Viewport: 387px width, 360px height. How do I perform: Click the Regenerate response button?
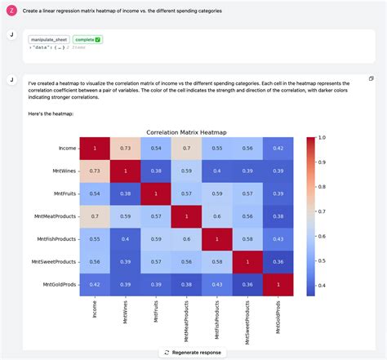[193, 352]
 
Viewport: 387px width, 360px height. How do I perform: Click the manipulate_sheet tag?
[49, 39]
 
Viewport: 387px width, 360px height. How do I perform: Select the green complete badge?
[86, 39]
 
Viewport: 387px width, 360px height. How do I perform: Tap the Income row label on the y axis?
[68, 148]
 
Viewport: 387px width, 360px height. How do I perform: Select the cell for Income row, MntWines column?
[125, 148]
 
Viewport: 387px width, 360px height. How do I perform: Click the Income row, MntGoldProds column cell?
[279, 148]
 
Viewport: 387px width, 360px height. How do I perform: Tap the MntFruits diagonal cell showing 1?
[156, 193]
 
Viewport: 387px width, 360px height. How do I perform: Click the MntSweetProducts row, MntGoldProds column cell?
[279, 260]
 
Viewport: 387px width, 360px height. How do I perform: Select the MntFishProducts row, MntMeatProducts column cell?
[187, 238]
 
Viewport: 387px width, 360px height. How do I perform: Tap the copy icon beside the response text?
[371, 78]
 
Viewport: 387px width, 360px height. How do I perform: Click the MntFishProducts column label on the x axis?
[217, 317]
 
